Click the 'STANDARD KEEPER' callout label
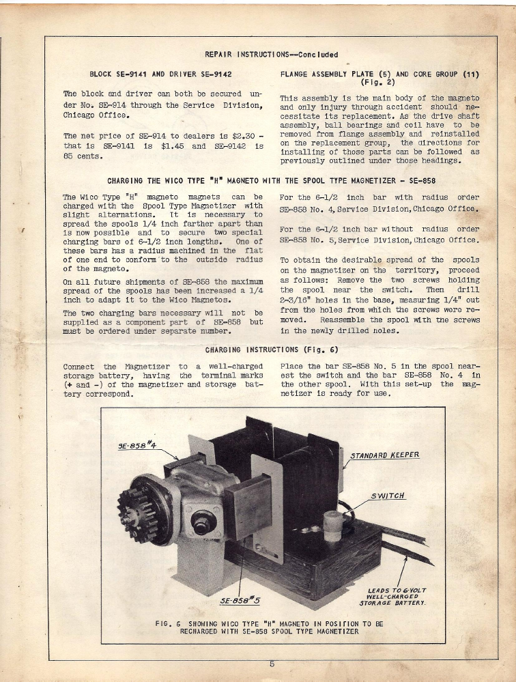coord(384,455)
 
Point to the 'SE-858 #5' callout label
coord(241,600)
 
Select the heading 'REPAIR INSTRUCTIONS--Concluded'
coord(271,55)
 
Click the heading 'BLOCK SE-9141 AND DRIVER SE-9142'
coord(160,74)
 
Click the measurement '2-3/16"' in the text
coord(297,299)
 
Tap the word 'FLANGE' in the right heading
coord(297,74)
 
